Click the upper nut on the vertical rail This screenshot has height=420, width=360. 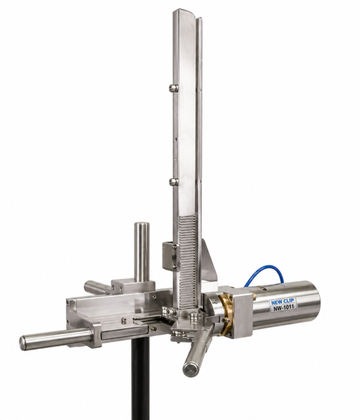(173, 88)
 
